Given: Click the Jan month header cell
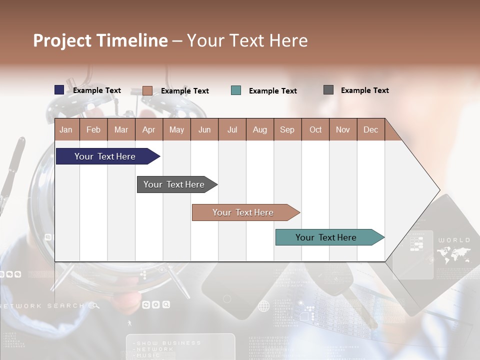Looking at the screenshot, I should point(66,129).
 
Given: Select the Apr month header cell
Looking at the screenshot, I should point(149,129).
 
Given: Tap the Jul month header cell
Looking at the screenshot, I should point(232,129).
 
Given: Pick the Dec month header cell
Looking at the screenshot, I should point(370,129).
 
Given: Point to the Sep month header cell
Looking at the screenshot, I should point(287,129).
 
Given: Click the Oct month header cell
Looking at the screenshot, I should point(315,129).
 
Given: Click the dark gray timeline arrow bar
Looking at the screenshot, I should point(175,184).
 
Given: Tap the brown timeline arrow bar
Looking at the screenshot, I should point(244,212).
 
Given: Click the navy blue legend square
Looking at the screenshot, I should point(59,90).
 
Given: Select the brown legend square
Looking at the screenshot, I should point(147,90).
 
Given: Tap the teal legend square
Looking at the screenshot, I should point(236,90).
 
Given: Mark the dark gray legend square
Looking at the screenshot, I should point(328,90).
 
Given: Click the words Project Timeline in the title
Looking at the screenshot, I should point(100,40).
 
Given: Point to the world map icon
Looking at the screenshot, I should point(453,255).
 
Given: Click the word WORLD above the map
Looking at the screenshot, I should point(454,240).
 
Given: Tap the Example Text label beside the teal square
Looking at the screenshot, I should point(272,91).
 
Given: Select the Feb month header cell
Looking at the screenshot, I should point(93,129).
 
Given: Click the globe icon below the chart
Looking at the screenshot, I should point(263,306).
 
